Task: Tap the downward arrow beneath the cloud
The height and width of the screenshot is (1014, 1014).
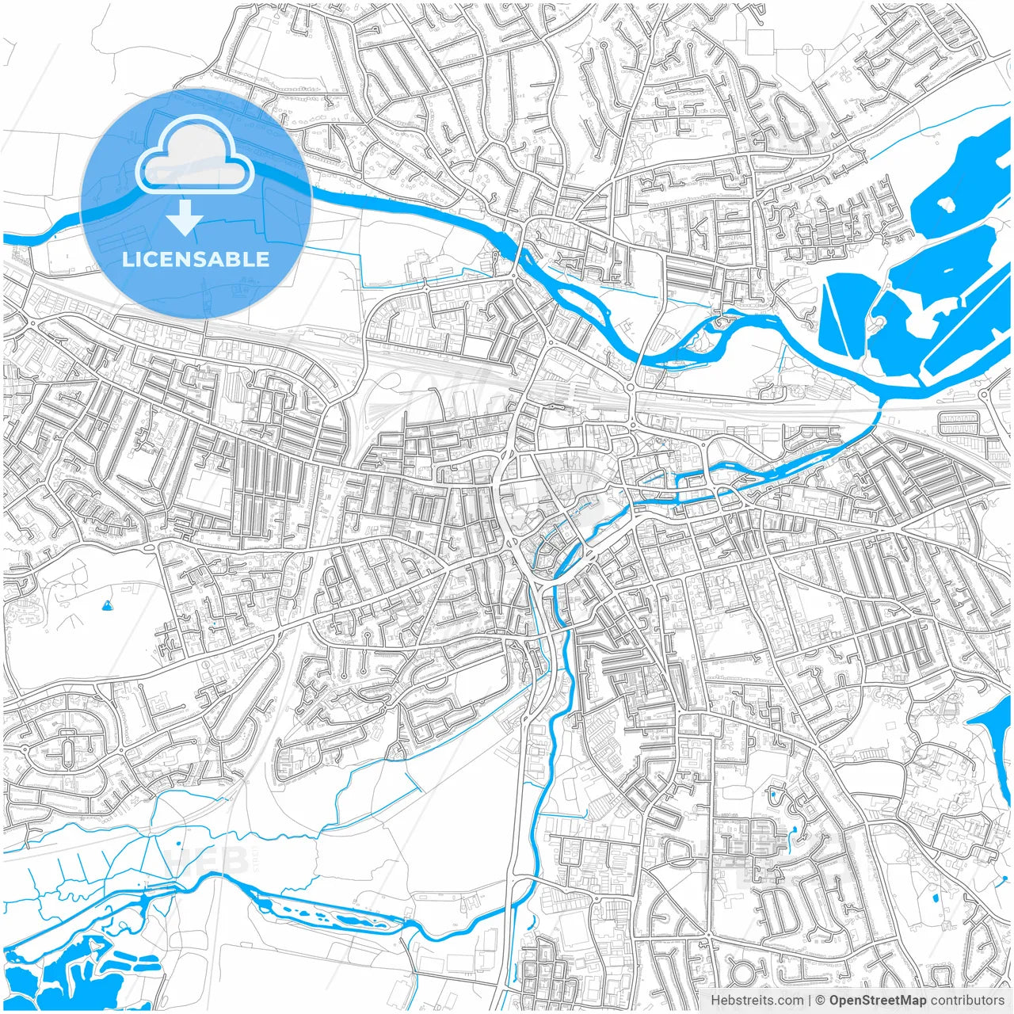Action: click(185, 218)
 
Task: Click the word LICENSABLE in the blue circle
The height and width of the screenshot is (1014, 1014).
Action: click(195, 259)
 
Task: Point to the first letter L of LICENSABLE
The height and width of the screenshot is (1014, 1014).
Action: click(127, 259)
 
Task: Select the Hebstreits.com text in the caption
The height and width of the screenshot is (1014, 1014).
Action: click(756, 1001)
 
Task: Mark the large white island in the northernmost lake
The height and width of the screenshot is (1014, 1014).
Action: click(946, 204)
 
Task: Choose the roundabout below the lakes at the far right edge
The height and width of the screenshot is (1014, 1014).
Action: click(985, 393)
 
